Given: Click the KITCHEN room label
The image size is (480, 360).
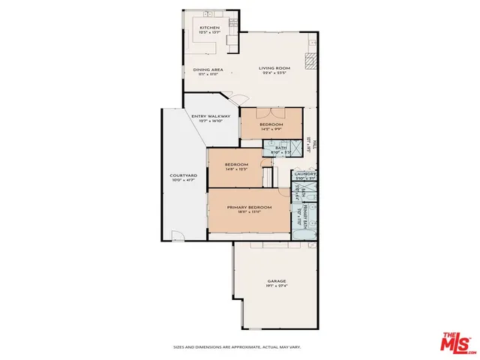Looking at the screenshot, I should pyautogui.click(x=209, y=28).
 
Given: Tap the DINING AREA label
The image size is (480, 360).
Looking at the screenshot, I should pyautogui.click(x=208, y=70).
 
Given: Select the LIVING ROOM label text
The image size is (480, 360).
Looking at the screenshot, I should pyautogui.click(x=275, y=68).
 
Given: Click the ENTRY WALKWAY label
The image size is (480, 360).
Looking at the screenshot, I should pyautogui.click(x=211, y=116).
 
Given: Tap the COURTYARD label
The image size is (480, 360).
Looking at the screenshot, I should pyautogui.click(x=182, y=176).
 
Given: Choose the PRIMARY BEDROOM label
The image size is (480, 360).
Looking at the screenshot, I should pyautogui.click(x=249, y=206).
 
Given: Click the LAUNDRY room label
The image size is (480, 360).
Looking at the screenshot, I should pyautogui.click(x=304, y=174).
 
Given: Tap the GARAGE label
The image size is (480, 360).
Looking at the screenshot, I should pyautogui.click(x=277, y=281).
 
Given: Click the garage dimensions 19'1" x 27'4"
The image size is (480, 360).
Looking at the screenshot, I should pyautogui.click(x=277, y=286).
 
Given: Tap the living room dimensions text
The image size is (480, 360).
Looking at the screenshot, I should pyautogui.click(x=275, y=73).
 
